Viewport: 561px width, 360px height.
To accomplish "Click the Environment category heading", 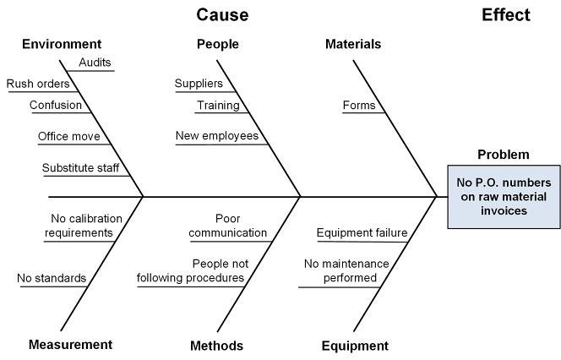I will point(62,44).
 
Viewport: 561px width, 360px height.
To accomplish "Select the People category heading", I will point(217,44).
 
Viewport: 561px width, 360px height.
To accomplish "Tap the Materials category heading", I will point(353,44).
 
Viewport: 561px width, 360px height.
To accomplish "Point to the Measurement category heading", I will point(70,344).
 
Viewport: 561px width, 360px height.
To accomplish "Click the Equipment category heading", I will point(355,345).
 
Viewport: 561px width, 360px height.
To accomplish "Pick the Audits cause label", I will point(95,63).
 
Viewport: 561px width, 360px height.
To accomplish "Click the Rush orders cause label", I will point(38,84).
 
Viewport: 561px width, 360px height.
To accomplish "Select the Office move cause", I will point(68,136).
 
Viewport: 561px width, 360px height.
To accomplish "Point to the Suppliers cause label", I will point(199,83).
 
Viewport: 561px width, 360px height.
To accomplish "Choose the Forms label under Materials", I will point(358,106).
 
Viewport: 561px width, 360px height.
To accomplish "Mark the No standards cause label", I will point(51,278).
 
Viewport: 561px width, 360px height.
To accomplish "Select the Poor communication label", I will point(228,226).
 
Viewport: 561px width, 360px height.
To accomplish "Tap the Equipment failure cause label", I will point(362,233).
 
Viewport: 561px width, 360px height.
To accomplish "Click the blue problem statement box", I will point(503,197).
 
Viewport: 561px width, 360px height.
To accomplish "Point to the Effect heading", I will point(506,15).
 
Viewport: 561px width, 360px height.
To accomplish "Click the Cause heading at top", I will point(222,15).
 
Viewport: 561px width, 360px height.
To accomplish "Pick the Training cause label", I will point(218,106).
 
